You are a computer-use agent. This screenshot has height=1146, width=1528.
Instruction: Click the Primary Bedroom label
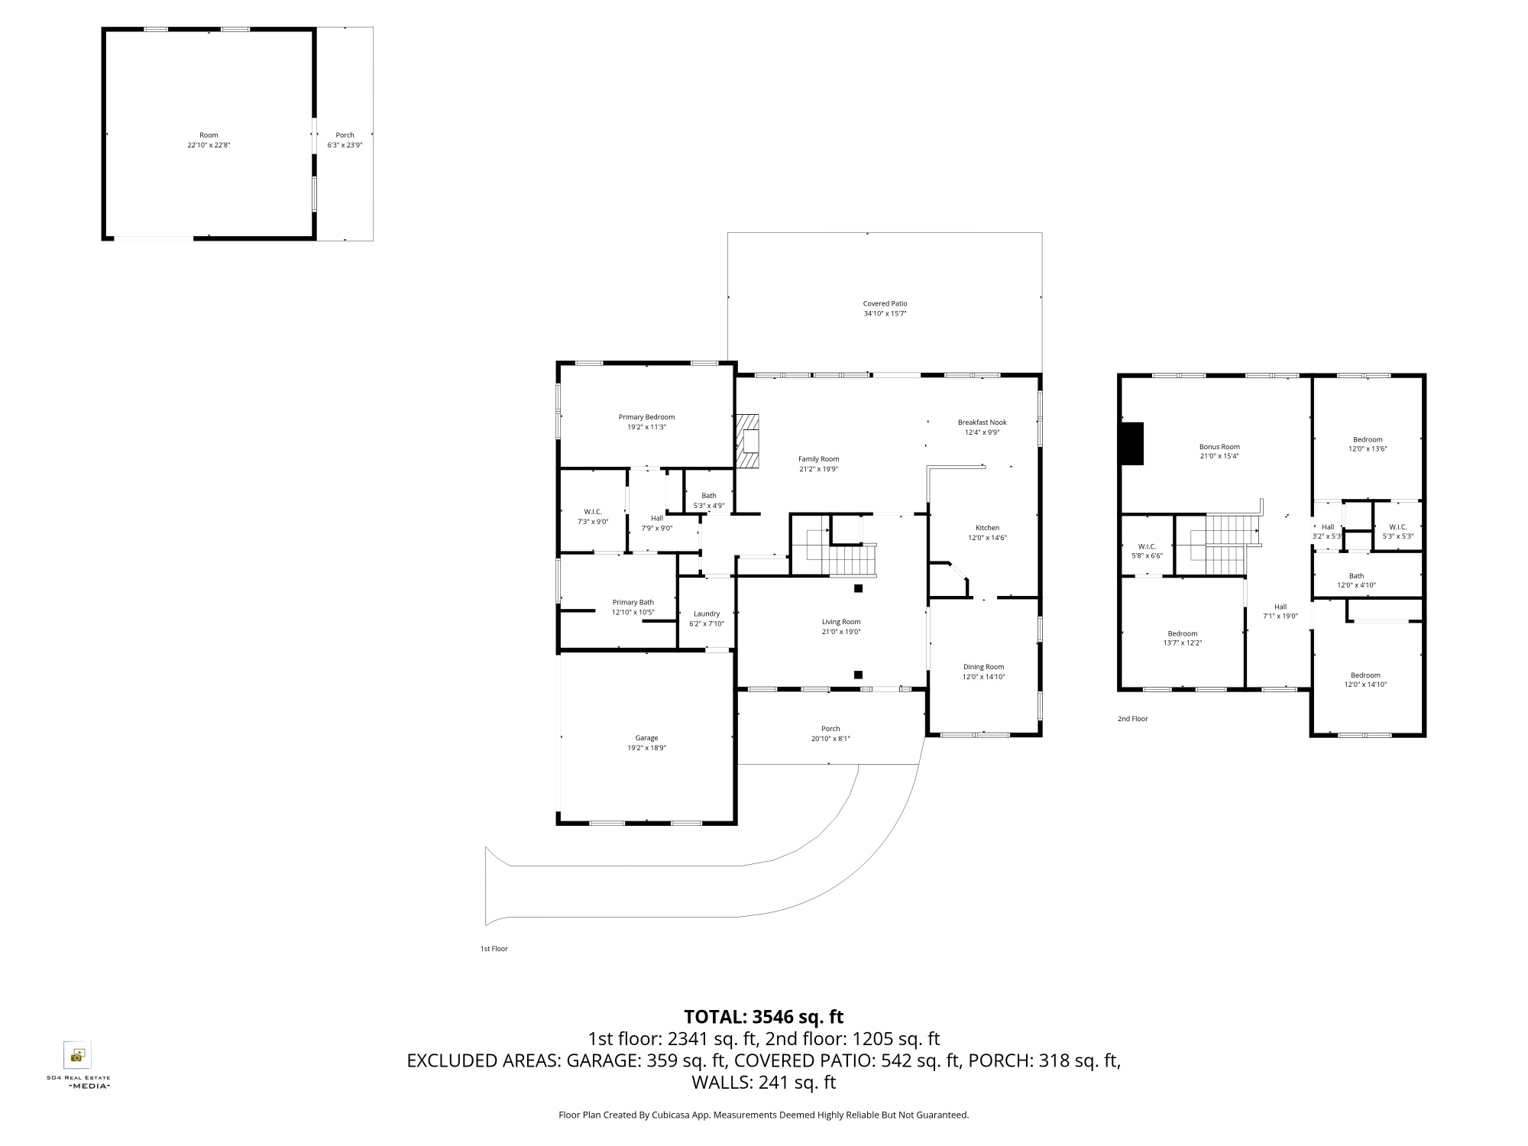click(646, 417)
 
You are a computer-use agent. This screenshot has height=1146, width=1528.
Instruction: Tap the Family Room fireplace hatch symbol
click(748, 441)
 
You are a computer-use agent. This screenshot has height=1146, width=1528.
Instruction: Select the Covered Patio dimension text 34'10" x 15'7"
click(885, 313)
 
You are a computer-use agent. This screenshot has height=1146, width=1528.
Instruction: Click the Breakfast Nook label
click(982, 422)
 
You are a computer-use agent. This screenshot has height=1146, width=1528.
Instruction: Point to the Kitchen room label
click(987, 528)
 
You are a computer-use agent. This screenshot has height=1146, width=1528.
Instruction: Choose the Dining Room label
click(983, 667)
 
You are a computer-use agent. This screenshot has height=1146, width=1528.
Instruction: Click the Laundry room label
click(707, 613)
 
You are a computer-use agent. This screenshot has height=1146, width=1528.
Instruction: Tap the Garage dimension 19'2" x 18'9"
click(646, 748)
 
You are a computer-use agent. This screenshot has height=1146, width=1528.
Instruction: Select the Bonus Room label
click(1219, 447)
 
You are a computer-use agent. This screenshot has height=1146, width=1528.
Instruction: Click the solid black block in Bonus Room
click(1131, 443)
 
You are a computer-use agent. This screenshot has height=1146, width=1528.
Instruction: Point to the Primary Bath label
click(633, 603)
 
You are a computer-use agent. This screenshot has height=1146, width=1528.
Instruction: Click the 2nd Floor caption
click(1132, 719)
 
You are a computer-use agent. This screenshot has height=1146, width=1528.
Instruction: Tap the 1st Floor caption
click(494, 949)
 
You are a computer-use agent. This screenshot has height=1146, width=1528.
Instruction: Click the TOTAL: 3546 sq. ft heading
click(763, 1017)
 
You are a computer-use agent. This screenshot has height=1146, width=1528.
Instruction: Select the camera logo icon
click(76, 1056)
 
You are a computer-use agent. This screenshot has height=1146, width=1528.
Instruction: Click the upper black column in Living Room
click(858, 588)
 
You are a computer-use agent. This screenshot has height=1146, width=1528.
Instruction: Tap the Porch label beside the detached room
click(345, 135)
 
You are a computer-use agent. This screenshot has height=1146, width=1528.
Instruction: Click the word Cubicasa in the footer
click(670, 1115)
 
